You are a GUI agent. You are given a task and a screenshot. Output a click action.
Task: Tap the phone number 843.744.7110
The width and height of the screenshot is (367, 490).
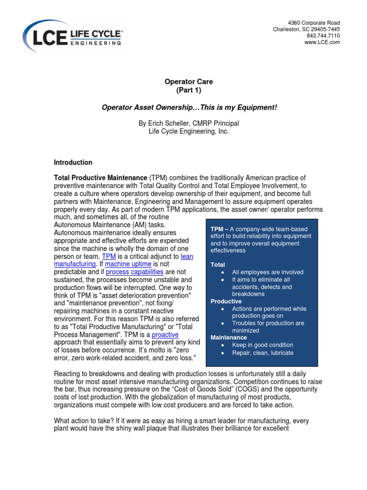323,36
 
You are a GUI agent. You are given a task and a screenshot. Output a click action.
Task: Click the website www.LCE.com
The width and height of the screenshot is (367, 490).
322,43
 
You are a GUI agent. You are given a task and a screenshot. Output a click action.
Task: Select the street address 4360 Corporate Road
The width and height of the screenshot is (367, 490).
314,23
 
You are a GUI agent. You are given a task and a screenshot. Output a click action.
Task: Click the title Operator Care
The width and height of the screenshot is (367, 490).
189,82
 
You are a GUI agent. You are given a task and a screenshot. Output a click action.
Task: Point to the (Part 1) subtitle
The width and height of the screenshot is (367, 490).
189,90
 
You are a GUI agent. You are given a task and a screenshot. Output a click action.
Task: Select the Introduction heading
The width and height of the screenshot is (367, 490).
73,162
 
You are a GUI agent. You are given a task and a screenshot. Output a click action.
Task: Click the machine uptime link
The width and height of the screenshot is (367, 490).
128,264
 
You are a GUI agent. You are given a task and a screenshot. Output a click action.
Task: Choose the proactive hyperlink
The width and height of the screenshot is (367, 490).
165,335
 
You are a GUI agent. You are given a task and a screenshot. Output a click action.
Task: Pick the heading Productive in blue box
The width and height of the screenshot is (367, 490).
226,301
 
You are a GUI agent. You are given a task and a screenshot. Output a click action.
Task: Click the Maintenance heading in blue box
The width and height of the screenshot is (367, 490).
229,337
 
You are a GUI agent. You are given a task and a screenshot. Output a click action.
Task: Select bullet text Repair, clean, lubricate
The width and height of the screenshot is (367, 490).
263,353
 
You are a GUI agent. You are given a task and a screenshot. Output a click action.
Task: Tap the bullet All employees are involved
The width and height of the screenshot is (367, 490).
268,272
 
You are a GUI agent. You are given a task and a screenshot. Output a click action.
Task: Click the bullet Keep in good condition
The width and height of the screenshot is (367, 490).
263,345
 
